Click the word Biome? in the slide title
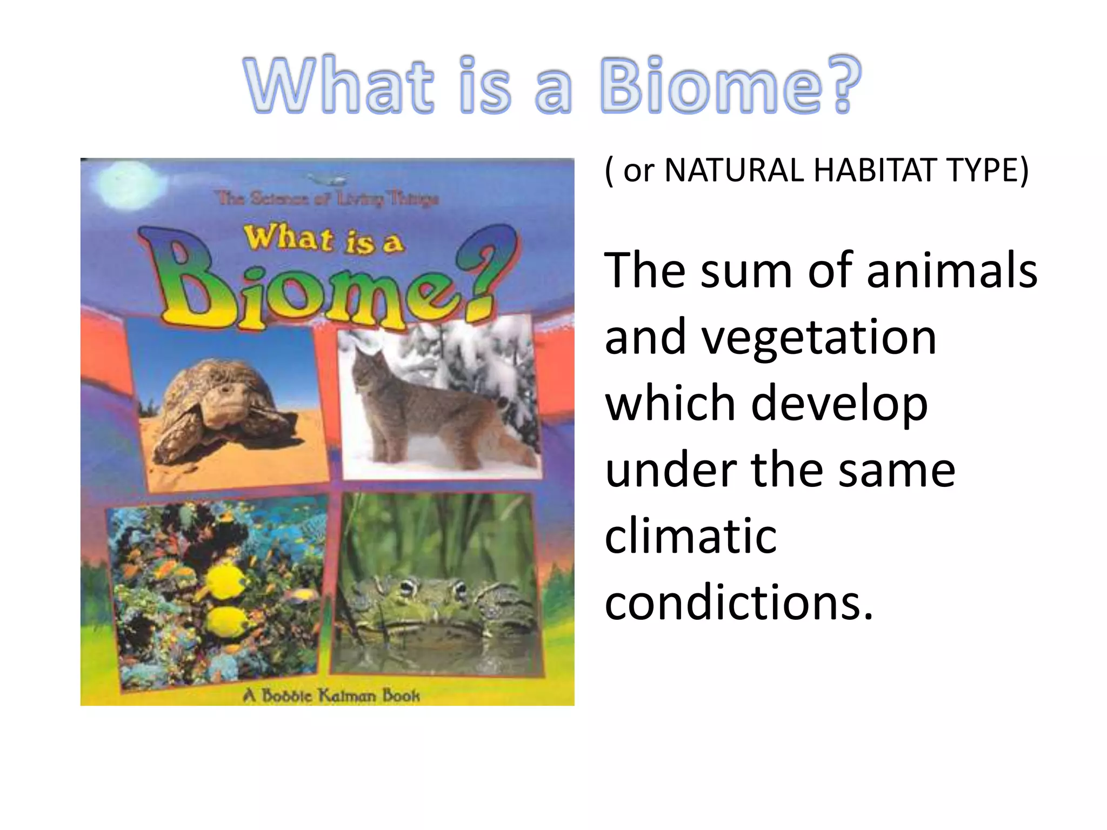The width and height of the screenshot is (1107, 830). [x=730, y=85]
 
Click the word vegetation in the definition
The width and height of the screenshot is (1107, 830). [x=770, y=338]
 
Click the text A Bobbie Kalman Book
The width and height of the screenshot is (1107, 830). [x=331, y=695]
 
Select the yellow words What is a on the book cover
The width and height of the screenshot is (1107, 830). [x=323, y=239]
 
